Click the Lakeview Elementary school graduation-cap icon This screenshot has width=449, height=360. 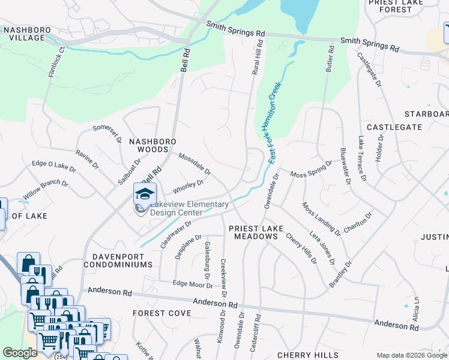tap(145, 194)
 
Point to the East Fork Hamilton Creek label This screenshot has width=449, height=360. tap(271, 123)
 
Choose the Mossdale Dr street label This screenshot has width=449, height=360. tap(195, 164)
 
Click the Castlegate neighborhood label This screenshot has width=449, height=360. tap(394, 127)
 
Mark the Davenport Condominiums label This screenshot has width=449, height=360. tap(118, 260)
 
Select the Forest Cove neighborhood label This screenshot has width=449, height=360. tap(161, 313)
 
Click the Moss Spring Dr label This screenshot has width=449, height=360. tap(311, 169)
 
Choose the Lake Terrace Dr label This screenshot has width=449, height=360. tap(361, 158)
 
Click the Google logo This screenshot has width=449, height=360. tap(20, 353)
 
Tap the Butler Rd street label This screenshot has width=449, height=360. tap(330, 59)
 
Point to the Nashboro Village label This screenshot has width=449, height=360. tap(23, 34)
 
